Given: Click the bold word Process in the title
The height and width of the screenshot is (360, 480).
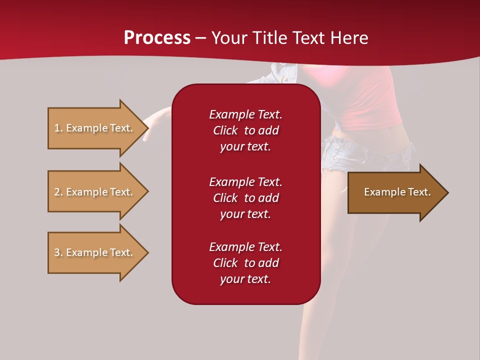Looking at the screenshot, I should [x=157, y=38].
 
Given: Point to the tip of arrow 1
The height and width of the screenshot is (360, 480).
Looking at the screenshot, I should [x=146, y=128].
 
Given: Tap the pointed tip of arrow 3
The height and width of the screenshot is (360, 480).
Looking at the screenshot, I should [x=146, y=252].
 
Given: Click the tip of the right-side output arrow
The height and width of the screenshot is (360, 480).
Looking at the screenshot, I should [x=446, y=192].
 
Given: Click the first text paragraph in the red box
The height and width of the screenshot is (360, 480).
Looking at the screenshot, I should [x=245, y=130].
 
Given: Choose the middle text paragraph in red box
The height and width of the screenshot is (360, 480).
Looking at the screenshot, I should [x=245, y=198].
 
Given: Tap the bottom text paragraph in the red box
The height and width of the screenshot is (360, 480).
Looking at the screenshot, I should [x=245, y=263].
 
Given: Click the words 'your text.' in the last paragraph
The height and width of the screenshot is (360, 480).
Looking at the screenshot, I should [x=245, y=279].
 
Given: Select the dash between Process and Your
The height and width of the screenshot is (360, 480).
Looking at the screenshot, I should [x=200, y=38].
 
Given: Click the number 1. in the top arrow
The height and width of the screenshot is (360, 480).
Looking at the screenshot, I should [x=58, y=128].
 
